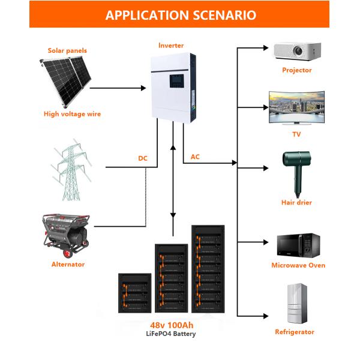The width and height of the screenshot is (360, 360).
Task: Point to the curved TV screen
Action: (x=296, y=107)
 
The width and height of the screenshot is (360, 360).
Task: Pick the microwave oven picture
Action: (x=297, y=245)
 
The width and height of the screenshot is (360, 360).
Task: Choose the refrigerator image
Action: (x=295, y=304)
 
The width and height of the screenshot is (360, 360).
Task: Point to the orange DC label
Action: (x=142, y=160)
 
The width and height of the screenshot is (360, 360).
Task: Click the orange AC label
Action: (x=195, y=157)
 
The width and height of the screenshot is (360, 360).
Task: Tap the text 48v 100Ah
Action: (x=173, y=325)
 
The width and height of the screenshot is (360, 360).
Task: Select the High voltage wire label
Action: (x=72, y=114)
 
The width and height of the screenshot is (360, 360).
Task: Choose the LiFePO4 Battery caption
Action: (x=172, y=334)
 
